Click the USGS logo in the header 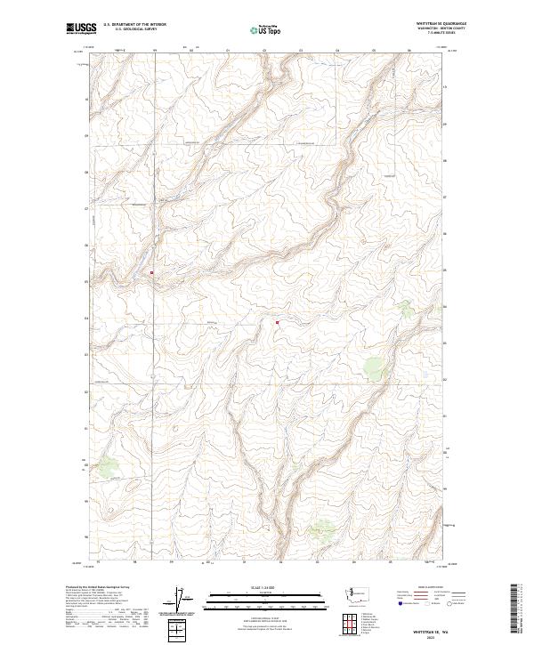click(82, 28)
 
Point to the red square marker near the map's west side click(152, 272)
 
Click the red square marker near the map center click(277, 322)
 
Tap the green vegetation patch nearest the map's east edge click(406, 308)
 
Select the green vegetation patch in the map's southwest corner click(109, 465)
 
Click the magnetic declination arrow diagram click(184, 600)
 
